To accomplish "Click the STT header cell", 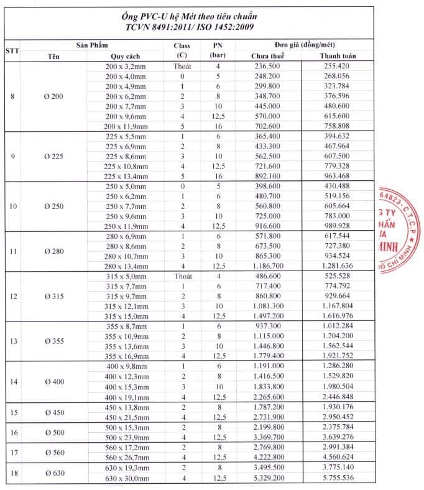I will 12,50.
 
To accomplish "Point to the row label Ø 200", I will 53,96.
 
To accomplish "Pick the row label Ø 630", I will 53,473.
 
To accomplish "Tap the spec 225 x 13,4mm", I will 126,176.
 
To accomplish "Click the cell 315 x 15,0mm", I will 126,317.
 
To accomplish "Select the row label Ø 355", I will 53,341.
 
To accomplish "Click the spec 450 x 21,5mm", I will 126,417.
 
